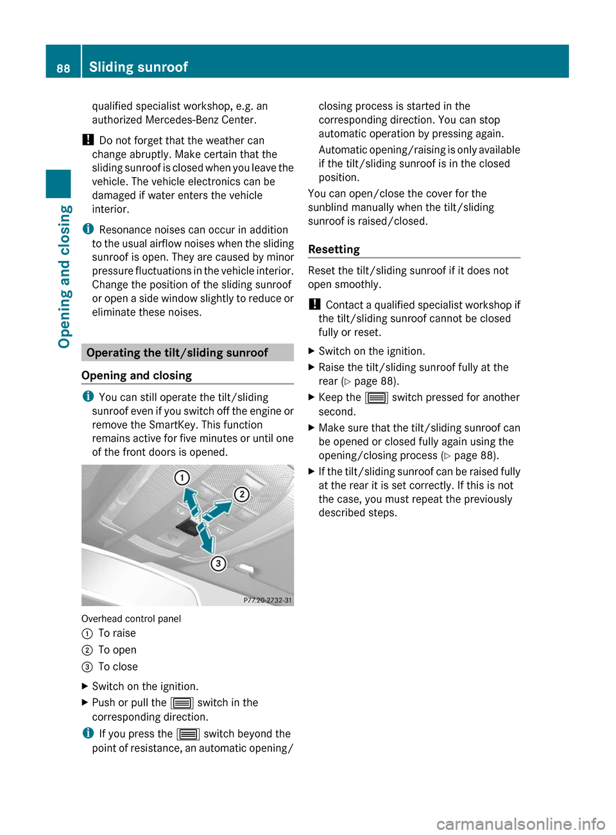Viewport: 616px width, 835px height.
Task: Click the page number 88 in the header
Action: (x=63, y=68)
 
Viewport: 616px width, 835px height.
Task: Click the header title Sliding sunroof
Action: (x=138, y=67)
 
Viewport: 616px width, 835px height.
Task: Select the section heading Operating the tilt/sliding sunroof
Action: (x=177, y=353)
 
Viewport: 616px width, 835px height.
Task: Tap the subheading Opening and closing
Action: (x=137, y=376)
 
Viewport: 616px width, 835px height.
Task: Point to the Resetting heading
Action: (x=334, y=249)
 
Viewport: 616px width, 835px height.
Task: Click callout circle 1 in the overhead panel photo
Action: (x=182, y=478)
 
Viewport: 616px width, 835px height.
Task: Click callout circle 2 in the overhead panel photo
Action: (x=241, y=494)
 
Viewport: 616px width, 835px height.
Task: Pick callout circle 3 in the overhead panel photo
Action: (x=218, y=563)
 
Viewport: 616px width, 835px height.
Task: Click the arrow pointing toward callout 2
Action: (x=216, y=510)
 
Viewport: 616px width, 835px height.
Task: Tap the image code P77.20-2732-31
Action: (x=268, y=600)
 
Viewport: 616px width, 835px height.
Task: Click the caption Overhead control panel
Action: (x=131, y=619)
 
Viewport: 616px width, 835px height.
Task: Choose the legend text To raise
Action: (x=117, y=634)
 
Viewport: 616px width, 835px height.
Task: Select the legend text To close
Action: (x=118, y=667)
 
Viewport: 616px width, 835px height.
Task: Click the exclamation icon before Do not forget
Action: (x=88, y=140)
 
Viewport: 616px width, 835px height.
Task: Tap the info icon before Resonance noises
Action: (x=88, y=229)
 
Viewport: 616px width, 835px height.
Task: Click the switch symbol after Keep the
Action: (x=376, y=398)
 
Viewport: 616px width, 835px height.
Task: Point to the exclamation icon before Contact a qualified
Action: (x=314, y=305)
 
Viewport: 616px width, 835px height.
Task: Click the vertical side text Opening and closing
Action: (x=64, y=276)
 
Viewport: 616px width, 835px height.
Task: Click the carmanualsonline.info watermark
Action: (x=520, y=823)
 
